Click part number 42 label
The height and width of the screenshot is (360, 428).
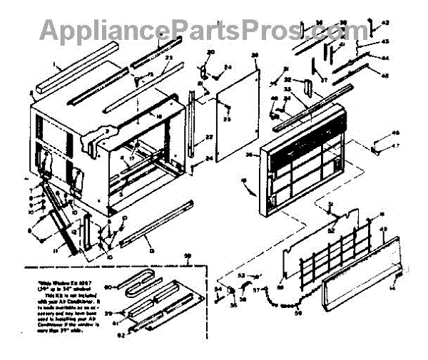pyautogui.click(x=386, y=23)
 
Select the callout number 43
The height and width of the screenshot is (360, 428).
pyautogui.click(x=385, y=41)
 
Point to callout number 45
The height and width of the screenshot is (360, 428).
pyautogui.click(x=385, y=76)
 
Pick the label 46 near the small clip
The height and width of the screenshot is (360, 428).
pyautogui.click(x=397, y=133)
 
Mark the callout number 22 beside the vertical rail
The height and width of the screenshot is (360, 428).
pyautogui.click(x=208, y=137)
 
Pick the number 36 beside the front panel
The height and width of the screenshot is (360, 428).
pyautogui.click(x=249, y=153)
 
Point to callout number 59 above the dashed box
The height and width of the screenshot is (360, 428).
pyautogui.click(x=188, y=255)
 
